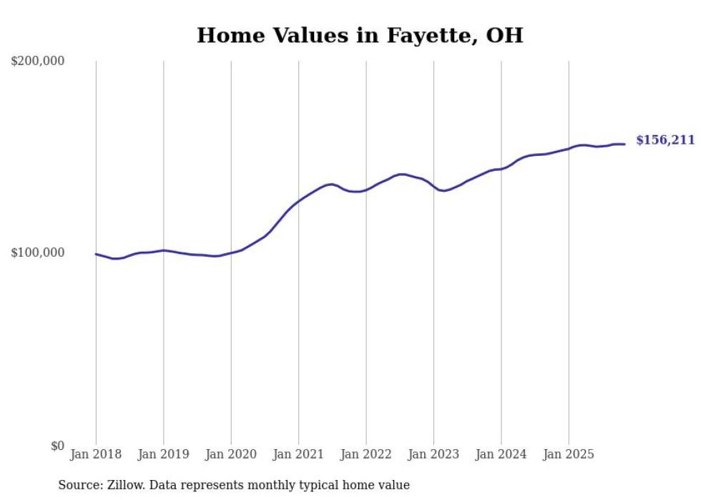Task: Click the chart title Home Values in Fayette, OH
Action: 360,35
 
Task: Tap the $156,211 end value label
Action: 665,140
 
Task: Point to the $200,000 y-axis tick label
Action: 38,61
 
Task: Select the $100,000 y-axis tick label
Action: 38,253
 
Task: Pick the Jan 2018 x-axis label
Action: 96,454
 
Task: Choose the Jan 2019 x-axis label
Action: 163,454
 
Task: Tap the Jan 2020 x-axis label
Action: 231,454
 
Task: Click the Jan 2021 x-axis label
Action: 298,454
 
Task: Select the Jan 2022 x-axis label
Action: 366,454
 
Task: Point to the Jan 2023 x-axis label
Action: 433,454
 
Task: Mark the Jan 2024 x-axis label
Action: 501,454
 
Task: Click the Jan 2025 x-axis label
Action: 569,454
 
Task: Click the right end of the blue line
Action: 624,144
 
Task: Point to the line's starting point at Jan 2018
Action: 96,254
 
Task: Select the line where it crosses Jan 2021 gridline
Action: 298,201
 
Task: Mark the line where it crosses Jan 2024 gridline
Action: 501,169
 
